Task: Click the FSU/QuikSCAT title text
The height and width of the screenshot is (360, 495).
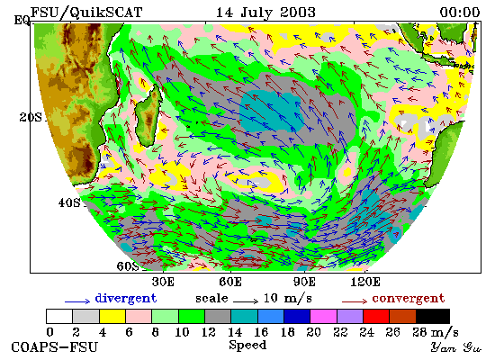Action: (86, 13)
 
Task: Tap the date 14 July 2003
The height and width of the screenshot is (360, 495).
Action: (265, 13)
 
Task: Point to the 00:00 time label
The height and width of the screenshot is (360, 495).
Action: (460, 13)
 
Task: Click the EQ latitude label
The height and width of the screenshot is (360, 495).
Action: (22, 21)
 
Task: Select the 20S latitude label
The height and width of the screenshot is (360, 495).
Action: (31, 118)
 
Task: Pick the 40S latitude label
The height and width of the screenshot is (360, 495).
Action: (69, 202)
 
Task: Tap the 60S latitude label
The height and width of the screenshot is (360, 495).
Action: (128, 266)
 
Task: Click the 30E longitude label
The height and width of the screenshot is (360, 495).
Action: (163, 282)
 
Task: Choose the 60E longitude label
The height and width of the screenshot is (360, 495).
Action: (230, 282)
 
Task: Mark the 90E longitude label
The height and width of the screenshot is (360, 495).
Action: (304, 282)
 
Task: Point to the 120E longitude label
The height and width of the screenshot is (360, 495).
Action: (365, 282)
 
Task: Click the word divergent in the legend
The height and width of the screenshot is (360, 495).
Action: (126, 299)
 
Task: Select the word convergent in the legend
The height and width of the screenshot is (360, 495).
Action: (409, 299)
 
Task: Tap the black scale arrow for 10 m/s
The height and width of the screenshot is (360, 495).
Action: (246, 301)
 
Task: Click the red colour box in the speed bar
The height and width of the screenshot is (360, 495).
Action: (376, 317)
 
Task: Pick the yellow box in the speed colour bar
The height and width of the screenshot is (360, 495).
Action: (112, 317)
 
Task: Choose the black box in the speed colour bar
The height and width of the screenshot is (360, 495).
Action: (433, 317)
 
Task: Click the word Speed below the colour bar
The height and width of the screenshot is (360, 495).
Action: (247, 345)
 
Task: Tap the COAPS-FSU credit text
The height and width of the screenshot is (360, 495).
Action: (54, 347)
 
